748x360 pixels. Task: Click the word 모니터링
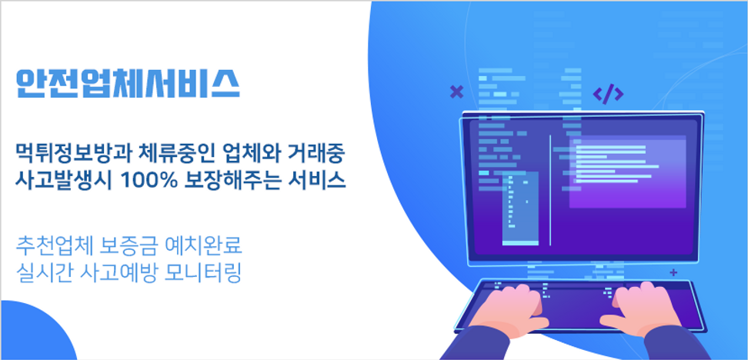pyautogui.click(x=202, y=272)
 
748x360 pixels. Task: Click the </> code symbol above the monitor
pyautogui.click(x=608, y=94)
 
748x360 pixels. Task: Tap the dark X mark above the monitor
pyautogui.click(x=457, y=92)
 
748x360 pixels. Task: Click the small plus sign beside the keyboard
pyautogui.click(x=673, y=272)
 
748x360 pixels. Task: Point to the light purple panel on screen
pyautogui.click(x=627, y=172)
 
